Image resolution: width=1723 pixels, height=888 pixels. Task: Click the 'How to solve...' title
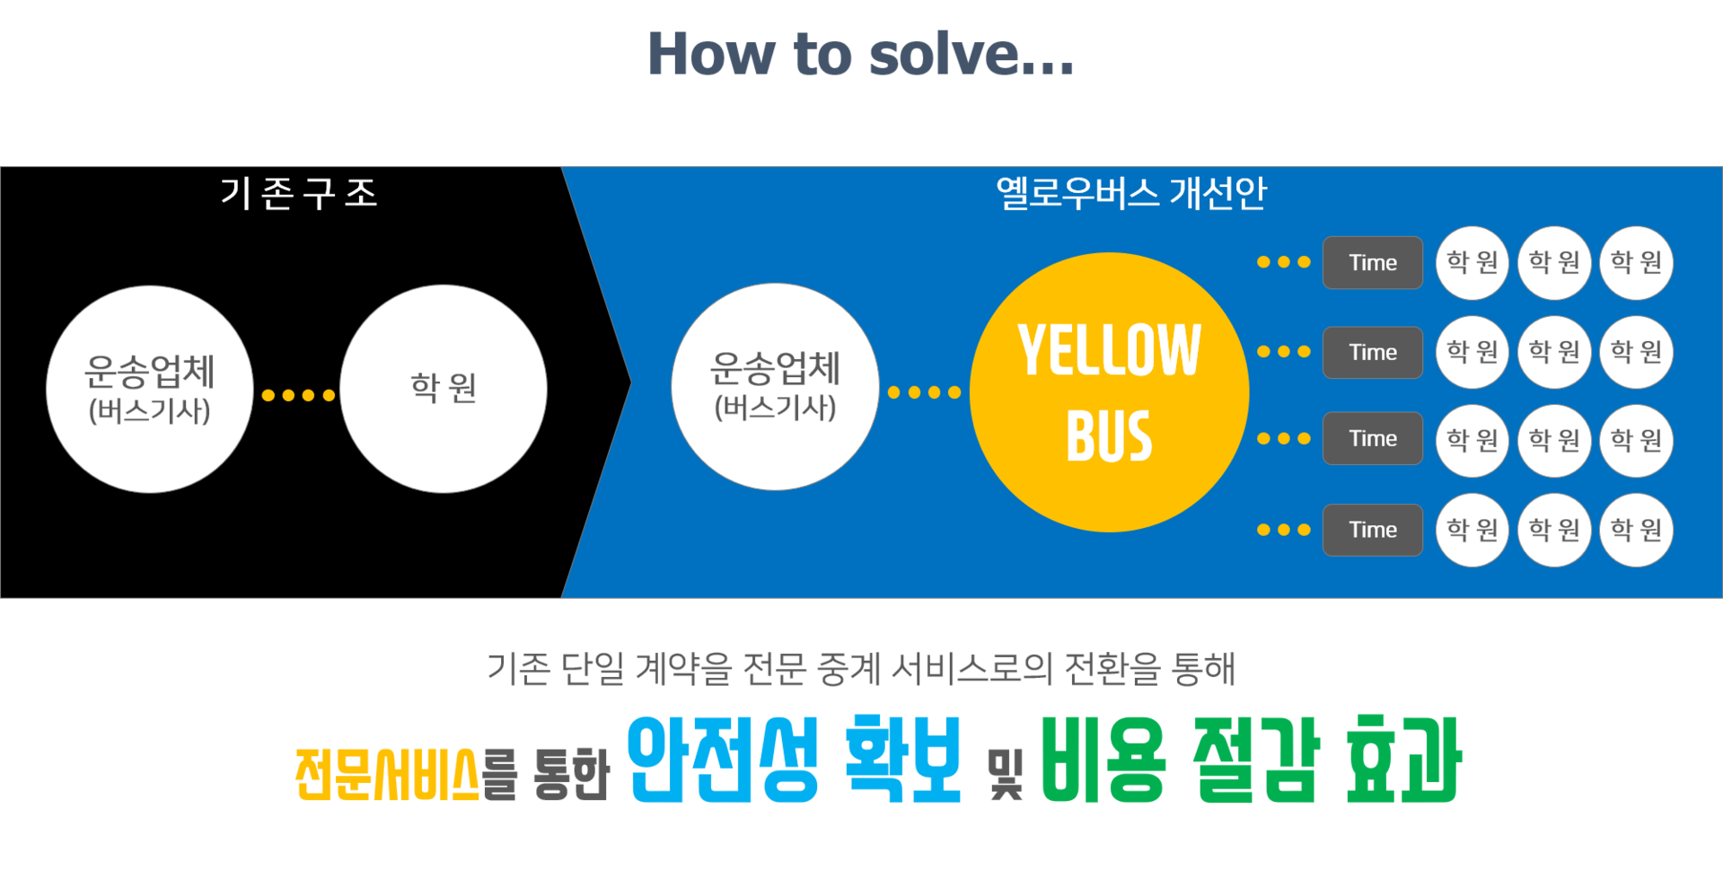[860, 54]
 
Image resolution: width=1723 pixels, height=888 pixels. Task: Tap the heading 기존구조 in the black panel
[299, 193]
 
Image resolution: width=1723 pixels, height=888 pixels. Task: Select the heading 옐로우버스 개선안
[1131, 193]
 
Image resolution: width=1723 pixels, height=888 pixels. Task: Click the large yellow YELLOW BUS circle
[1110, 392]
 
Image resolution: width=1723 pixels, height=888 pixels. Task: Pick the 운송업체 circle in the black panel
[150, 389]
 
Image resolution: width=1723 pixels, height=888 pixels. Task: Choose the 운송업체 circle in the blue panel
[776, 387]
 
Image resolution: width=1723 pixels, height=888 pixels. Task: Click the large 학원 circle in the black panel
[444, 389]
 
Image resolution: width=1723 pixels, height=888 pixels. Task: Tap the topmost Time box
[1373, 262]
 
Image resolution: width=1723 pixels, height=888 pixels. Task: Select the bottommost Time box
[1373, 530]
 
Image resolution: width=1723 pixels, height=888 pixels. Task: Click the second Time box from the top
[1373, 352]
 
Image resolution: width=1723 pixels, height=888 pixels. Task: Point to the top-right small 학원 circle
[1637, 262]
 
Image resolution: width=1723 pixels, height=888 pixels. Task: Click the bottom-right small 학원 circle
[1637, 530]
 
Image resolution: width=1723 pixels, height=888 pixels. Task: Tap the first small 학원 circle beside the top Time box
[1472, 262]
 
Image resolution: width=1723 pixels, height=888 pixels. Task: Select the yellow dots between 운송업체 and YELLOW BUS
[924, 392]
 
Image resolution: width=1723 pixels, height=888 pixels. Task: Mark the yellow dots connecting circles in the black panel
[298, 395]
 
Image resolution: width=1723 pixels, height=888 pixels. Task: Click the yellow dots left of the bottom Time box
[1284, 530]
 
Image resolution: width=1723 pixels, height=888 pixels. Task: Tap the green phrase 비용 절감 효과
[1252, 760]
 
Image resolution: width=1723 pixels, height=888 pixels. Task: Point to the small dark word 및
[1005, 774]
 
